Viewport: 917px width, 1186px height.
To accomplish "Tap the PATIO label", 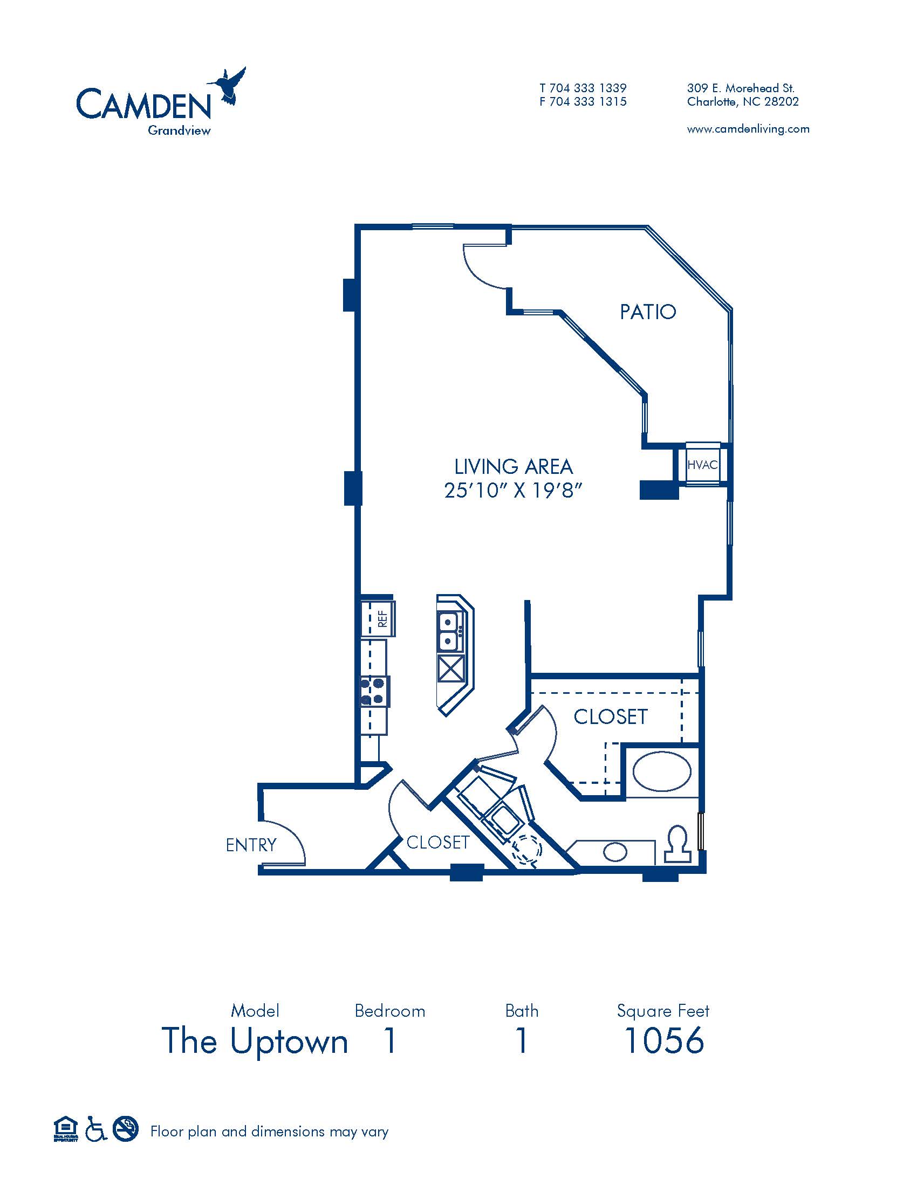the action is pos(648,312).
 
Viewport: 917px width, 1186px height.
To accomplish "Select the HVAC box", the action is pos(702,464).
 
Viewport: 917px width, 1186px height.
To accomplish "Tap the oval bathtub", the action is pos(662,770).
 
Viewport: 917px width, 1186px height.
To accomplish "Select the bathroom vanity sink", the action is pos(615,851).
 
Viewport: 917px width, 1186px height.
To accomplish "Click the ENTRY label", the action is pos(251,845).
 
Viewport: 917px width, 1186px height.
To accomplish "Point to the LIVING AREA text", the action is pos(514,466).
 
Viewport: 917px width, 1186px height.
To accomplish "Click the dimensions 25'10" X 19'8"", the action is pos(513,491).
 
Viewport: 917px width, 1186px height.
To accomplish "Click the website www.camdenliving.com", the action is pos(748,129).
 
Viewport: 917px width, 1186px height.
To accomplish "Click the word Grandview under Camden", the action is pos(179,130).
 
